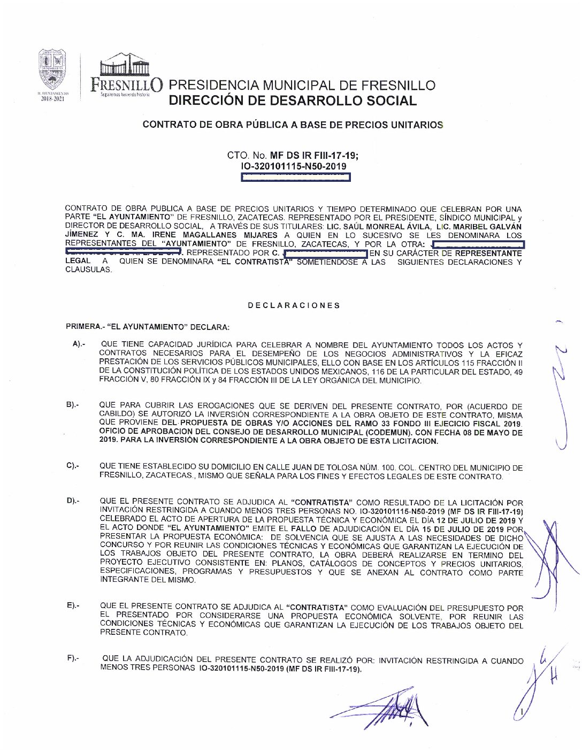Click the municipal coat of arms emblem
click(x=52, y=70)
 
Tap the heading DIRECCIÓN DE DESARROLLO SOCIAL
click(x=292, y=101)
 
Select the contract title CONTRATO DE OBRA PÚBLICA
click(x=293, y=125)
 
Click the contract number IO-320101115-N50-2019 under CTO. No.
click(x=294, y=166)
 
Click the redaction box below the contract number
click(x=296, y=177)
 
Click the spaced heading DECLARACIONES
click(x=294, y=305)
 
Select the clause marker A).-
click(x=79, y=344)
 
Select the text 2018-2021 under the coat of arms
click(x=52, y=98)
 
